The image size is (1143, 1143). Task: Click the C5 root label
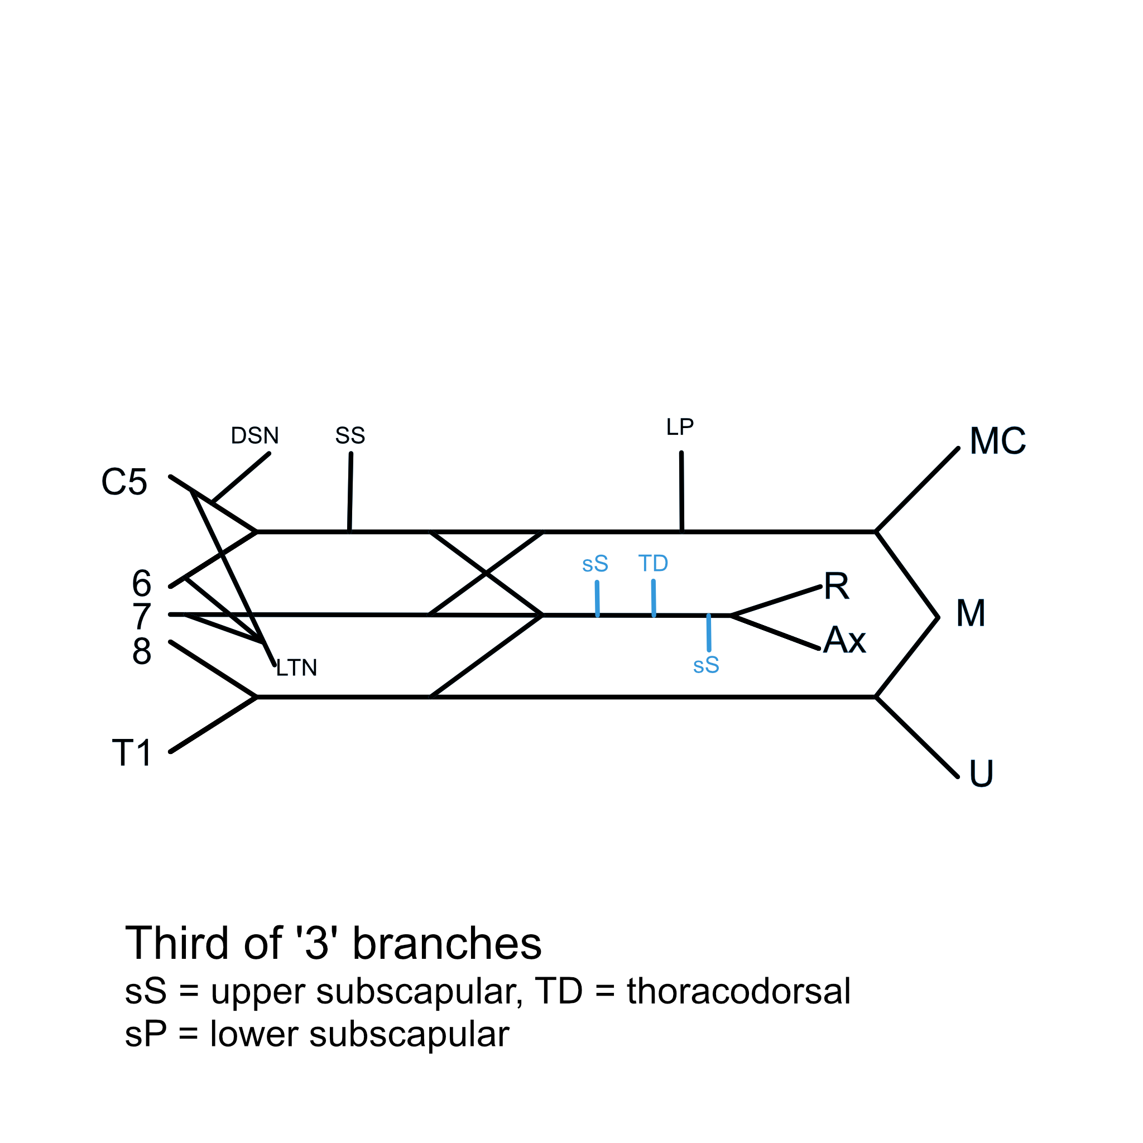pos(124,482)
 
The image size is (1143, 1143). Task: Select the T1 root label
pos(132,753)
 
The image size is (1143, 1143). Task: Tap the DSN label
pos(254,436)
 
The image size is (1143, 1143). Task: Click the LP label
pos(680,427)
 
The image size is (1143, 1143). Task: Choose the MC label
pos(997,441)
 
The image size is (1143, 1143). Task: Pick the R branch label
pos(837,587)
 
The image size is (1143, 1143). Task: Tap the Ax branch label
pos(844,640)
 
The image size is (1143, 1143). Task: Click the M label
pos(971,613)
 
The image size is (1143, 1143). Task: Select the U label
pos(981,774)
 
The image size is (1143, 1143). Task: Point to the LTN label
pos(296,669)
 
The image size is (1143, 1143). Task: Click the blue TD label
pos(653,564)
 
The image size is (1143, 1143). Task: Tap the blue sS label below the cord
pos(706,666)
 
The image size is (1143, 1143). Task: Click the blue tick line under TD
pos(654,598)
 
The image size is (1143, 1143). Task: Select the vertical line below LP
pos(681,492)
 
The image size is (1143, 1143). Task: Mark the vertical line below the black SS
pos(350,493)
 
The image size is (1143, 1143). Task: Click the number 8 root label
pos(141,651)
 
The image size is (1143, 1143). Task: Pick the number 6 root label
pos(141,584)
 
